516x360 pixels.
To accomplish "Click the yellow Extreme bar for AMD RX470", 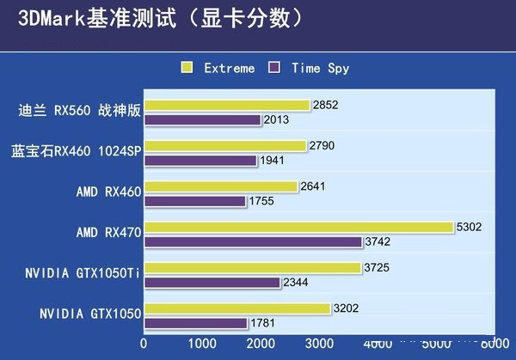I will (298, 228).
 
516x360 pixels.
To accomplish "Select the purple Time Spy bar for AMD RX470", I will (253, 242).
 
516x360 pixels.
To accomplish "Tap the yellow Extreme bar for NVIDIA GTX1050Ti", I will (253, 268).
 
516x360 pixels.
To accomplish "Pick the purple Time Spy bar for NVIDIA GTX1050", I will (195, 323).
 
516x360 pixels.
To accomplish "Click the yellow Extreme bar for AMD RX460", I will (221, 186).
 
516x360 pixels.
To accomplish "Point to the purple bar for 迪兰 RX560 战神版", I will (202, 120).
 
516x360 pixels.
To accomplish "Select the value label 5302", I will (470, 228).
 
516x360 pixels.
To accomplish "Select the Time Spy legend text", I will (320, 68).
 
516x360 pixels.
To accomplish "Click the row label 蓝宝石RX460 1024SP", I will (76, 153).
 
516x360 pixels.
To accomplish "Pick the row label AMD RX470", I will (108, 234).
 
